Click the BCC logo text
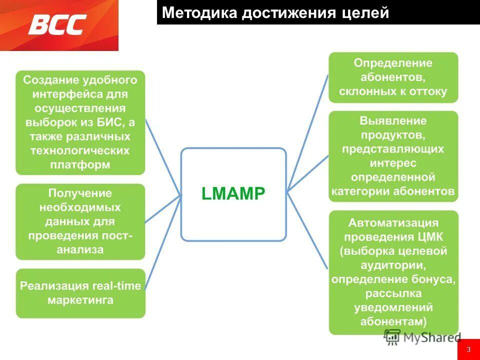coord(57,24)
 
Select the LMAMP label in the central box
coord(233,193)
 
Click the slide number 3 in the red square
coord(468,349)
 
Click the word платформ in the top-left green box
coord(80,164)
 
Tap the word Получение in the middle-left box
coord(80,193)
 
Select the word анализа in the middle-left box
coord(80,249)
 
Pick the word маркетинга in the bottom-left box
coord(80,300)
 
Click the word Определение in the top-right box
coord(393,63)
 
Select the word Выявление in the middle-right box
coord(393,120)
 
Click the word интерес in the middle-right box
coord(393,163)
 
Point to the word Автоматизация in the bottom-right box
coord(393,222)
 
